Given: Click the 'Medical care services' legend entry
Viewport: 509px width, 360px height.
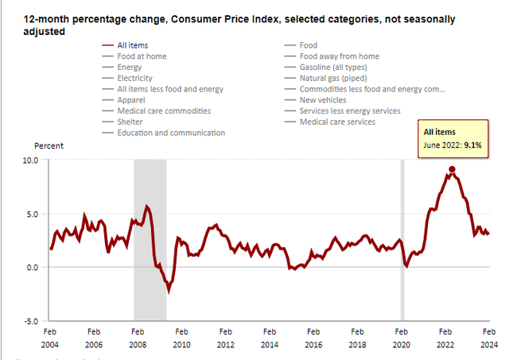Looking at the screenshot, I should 336,122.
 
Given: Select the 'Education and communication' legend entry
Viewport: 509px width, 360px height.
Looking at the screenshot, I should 171,133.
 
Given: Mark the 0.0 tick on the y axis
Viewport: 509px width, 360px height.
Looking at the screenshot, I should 31,267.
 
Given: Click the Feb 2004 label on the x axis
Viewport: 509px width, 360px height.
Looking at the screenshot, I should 49,337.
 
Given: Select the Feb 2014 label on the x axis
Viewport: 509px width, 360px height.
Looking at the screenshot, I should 270,337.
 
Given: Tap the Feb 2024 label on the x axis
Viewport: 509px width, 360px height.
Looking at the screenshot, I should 489,337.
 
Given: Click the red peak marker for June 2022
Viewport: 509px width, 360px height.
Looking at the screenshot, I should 452,169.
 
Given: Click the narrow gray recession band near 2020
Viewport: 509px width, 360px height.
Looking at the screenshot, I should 402,238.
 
